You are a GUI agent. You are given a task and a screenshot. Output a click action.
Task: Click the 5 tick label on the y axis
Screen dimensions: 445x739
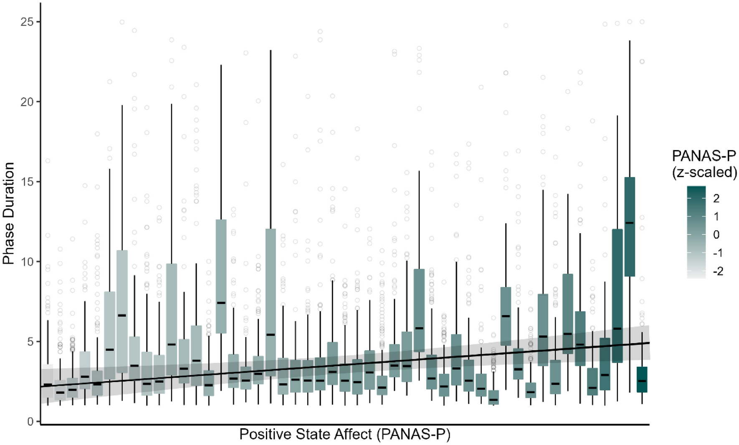30,342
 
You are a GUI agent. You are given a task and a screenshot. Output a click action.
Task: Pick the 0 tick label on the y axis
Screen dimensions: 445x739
30,422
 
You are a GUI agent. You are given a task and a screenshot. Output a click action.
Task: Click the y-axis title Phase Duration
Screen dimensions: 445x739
8,213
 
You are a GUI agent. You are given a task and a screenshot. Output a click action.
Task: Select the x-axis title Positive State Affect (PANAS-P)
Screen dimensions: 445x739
345,435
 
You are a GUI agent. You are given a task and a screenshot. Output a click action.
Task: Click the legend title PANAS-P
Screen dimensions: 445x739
704,156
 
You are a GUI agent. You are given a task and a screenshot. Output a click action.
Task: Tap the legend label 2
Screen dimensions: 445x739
716,198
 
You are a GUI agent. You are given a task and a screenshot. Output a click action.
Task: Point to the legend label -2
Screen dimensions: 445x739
718,272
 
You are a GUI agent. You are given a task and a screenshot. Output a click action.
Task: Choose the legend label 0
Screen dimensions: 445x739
716,235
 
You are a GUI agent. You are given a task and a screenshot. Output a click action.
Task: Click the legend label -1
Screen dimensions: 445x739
718,253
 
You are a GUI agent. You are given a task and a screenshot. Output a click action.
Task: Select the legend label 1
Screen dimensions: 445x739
716,217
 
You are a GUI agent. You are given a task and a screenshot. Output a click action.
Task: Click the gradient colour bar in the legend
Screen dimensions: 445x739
696,232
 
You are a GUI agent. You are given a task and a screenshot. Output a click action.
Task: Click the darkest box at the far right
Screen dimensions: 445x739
642,379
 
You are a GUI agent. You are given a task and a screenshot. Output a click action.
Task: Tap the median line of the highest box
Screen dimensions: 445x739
630,223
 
